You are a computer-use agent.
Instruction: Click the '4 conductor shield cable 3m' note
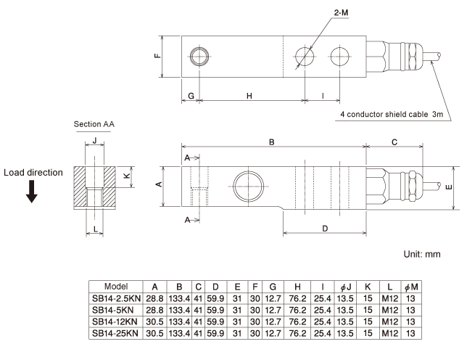(392, 115)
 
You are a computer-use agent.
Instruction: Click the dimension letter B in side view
(271, 143)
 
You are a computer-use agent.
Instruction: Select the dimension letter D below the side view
(324, 229)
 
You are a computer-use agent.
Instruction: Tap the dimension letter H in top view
(249, 96)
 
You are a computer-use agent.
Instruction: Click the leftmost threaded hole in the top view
(198, 56)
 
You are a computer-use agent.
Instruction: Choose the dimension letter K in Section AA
(126, 176)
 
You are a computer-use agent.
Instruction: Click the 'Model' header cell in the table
(116, 286)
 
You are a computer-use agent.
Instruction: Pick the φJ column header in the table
(344, 286)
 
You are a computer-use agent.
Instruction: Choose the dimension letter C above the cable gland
(393, 143)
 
